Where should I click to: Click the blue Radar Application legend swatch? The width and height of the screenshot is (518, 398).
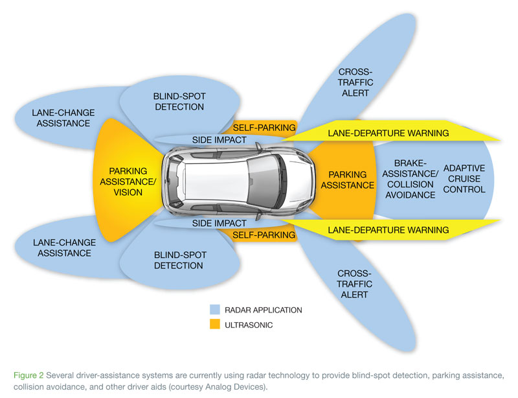pyautogui.click(x=216, y=310)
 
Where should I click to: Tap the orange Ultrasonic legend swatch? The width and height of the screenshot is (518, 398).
pyautogui.click(x=216, y=325)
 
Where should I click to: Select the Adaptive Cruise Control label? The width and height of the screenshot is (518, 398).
pyautogui.click(x=464, y=179)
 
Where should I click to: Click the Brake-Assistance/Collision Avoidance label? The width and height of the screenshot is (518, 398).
pyautogui.click(x=407, y=179)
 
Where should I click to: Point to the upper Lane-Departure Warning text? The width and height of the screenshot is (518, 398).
pyautogui.click(x=388, y=134)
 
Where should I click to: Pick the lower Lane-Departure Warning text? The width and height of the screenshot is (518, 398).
pyautogui.click(x=388, y=229)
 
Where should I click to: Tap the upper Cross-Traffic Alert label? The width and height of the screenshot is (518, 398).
pyautogui.click(x=354, y=82)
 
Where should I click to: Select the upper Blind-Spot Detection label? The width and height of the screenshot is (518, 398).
pyautogui.click(x=179, y=102)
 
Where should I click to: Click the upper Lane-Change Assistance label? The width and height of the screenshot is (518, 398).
pyautogui.click(x=63, y=117)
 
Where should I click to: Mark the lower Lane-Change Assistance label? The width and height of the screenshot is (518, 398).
pyautogui.click(x=63, y=248)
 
